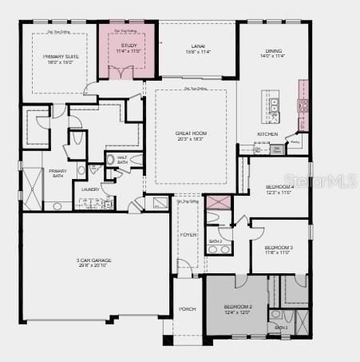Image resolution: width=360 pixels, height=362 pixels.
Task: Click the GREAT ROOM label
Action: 191,135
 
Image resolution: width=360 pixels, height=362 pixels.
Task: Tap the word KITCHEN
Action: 267,133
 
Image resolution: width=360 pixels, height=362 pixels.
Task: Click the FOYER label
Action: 188,235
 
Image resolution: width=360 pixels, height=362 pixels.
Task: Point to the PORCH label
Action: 188,308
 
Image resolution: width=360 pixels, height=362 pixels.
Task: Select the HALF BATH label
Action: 122,160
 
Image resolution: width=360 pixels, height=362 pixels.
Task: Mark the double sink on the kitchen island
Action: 275,106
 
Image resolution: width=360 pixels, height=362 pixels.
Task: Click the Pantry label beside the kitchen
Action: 295,142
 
